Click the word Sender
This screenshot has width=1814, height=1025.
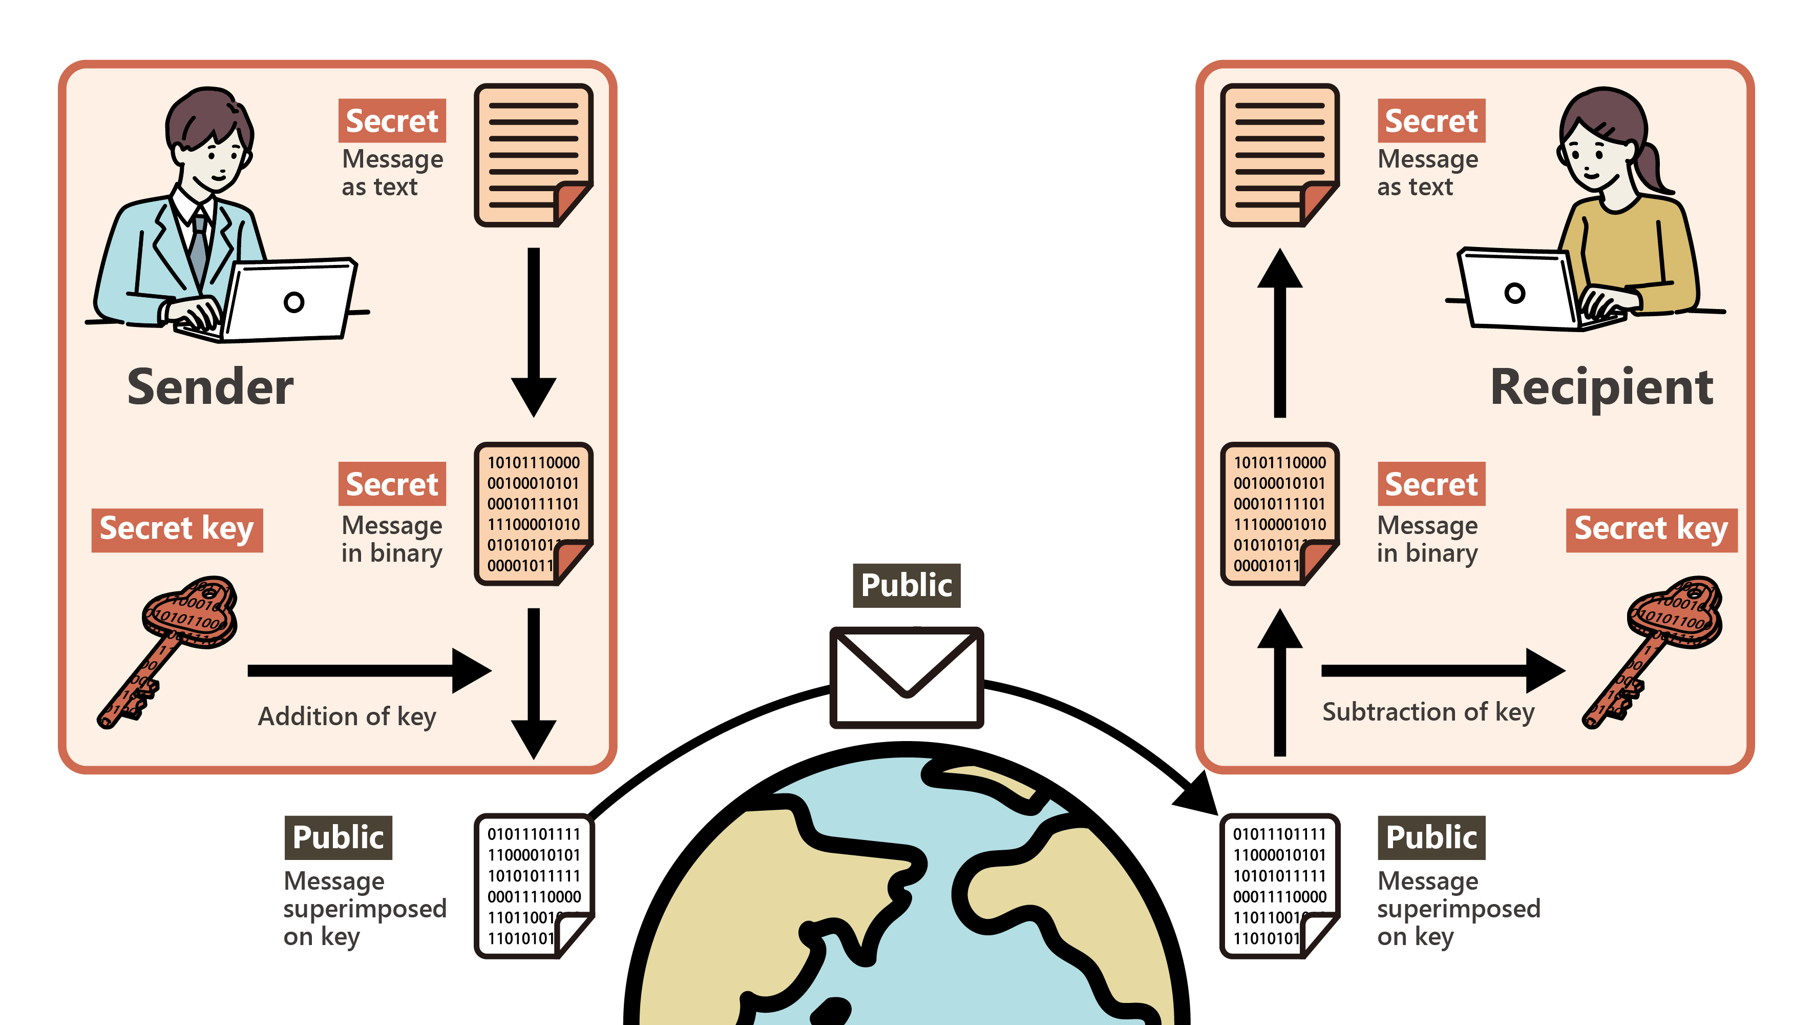pos(210,387)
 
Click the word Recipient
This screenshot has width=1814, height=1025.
pos(1601,387)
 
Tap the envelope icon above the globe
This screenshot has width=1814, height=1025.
pos(906,677)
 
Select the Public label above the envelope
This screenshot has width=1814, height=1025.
pos(906,585)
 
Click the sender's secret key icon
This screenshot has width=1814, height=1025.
pos(169,648)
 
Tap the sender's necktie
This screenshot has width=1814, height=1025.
pos(199,247)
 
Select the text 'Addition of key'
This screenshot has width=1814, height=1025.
pos(347,716)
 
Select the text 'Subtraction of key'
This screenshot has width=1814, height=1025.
pos(1428,712)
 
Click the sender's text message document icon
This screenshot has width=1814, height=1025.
pos(533,155)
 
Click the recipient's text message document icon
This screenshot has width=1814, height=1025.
pos(1279,155)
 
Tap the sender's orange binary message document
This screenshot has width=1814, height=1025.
pos(533,514)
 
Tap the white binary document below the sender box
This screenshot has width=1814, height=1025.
pos(533,886)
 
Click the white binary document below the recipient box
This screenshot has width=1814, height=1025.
pos(1279,886)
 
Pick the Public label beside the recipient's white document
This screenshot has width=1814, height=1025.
pos(1431,837)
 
